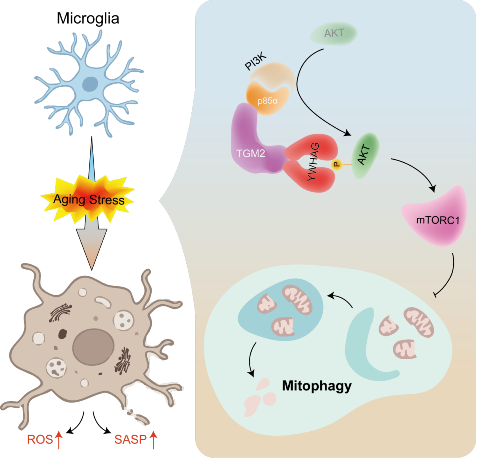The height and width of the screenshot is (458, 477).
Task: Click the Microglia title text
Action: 88,19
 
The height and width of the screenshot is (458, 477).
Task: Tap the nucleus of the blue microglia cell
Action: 90,84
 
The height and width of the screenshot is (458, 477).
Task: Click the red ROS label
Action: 40,440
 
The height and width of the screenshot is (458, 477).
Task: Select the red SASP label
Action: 131,440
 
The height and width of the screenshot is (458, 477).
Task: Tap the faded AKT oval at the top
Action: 333,33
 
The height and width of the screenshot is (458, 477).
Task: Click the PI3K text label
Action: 256,61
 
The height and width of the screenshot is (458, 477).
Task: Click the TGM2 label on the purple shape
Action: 251,153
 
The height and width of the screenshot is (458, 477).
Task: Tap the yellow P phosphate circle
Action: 337,165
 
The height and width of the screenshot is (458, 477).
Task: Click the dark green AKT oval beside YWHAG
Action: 365,155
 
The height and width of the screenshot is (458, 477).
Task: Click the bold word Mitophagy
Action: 317,386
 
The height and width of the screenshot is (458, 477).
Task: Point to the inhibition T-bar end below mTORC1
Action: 435,295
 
